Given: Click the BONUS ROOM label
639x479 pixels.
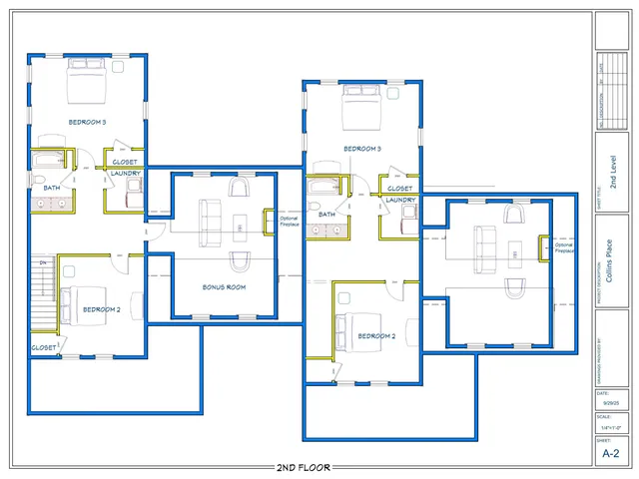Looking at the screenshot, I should tap(224, 287).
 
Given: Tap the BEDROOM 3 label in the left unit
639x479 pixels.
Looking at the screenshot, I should tap(87, 122).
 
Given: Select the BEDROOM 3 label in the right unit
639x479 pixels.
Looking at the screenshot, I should tap(362, 149).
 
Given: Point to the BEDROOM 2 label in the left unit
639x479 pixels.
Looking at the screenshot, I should tap(101, 309).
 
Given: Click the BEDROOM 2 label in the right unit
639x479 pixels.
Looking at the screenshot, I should tap(376, 336).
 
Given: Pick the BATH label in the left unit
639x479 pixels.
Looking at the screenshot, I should tap(51, 188).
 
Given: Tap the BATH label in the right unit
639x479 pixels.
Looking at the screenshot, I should tap(326, 215).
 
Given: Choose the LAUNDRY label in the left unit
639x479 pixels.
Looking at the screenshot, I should tap(126, 174).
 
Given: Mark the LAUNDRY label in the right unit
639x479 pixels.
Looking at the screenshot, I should tap(400, 200).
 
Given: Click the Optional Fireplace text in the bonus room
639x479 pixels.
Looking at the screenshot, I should tap(289, 222).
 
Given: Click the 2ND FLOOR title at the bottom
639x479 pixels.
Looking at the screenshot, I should tap(303, 467).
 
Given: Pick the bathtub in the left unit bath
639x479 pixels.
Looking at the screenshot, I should tap(50, 159).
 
